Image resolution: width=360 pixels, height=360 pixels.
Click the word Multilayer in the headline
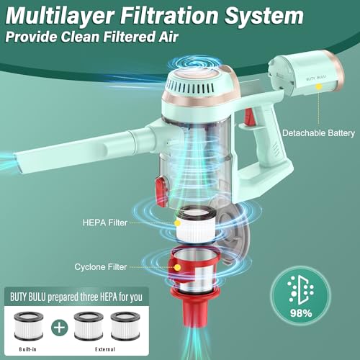pyautogui.click(x=60, y=17)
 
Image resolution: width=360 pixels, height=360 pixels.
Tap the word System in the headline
pyautogui.click(x=264, y=17)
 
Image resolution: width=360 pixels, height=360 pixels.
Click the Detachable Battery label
pyautogui.click(x=318, y=133)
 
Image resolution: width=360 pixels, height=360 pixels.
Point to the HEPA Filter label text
pyautogui.click(x=105, y=222)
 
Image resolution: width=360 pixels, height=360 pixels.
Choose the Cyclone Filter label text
pyautogui.click(x=101, y=267)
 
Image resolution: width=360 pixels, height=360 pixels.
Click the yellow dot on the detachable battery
pyautogui.click(x=319, y=86)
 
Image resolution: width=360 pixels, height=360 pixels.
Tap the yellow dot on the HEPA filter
pyautogui.click(x=177, y=223)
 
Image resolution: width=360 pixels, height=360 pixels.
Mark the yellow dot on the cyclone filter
pyautogui.click(x=177, y=267)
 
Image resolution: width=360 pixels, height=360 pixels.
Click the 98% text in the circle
pyautogui.click(x=301, y=313)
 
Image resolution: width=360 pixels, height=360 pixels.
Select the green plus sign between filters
pyautogui.click(x=60, y=328)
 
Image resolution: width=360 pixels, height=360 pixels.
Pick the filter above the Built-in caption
pyautogui.click(x=29, y=326)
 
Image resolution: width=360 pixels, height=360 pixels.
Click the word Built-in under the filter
pyautogui.click(x=28, y=349)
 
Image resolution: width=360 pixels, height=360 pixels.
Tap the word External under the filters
pyautogui.click(x=105, y=349)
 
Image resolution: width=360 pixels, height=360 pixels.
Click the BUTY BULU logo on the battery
pyautogui.click(x=316, y=78)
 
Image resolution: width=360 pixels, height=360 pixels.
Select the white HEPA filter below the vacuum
pyautogui.click(x=196, y=225)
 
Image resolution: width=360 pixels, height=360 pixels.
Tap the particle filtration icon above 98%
pyautogui.click(x=301, y=291)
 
